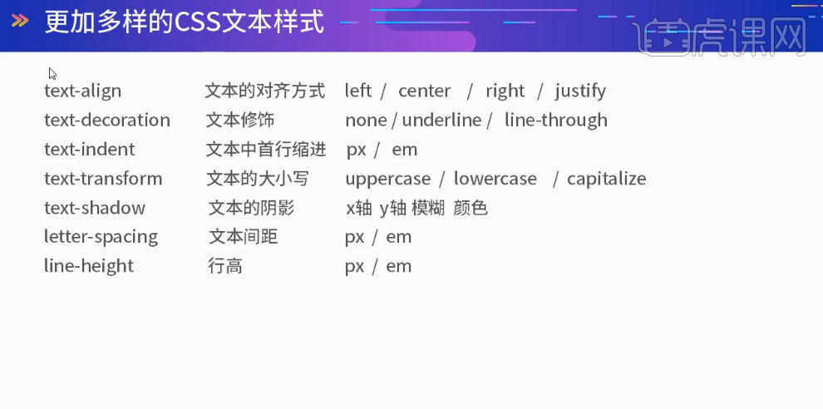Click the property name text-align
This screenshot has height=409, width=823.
(82, 91)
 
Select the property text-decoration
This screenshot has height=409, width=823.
(106, 120)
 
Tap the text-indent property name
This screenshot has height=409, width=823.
(89, 150)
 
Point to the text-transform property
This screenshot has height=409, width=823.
(103, 179)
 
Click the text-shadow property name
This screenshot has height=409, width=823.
(94, 208)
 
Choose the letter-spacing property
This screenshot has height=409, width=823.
(101, 237)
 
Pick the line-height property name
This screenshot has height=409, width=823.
(88, 266)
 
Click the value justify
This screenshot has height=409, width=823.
(580, 91)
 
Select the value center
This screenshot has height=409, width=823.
(424, 91)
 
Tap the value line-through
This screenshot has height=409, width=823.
(555, 120)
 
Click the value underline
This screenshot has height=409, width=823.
(441, 120)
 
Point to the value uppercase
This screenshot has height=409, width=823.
(387, 179)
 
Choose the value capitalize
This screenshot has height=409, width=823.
(606, 179)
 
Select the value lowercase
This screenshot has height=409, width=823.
(495, 179)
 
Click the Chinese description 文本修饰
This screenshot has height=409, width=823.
(240, 120)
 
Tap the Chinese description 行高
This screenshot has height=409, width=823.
(224, 266)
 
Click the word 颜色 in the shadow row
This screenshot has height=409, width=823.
(471, 208)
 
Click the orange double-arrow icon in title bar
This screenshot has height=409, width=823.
(20, 21)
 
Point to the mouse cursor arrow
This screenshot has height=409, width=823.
(52, 73)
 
